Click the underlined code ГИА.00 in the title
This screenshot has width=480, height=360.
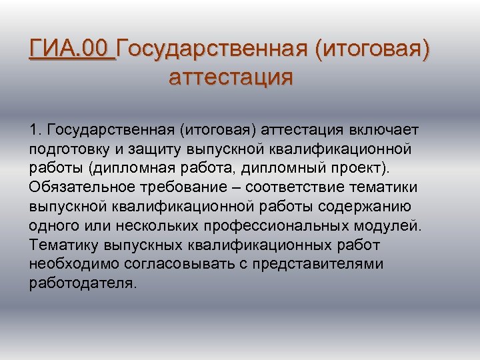71,50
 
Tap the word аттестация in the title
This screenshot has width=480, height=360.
231,78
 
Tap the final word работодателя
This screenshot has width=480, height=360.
82,283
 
